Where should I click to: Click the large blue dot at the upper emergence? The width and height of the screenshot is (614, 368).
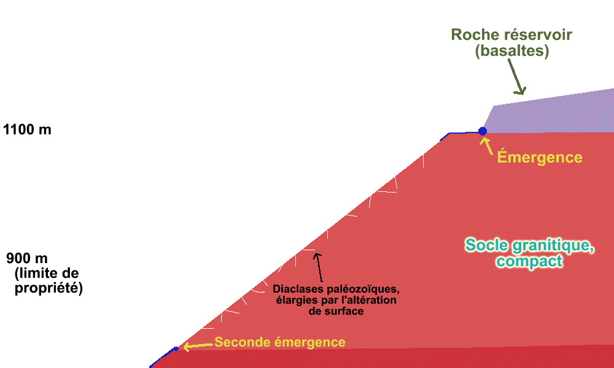(483, 131)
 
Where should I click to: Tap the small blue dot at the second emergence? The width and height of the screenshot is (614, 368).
(176, 348)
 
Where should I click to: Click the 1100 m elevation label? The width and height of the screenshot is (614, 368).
(27, 130)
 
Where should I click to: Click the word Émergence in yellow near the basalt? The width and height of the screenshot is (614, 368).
(539, 157)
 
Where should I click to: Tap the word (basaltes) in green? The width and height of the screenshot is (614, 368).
(511, 52)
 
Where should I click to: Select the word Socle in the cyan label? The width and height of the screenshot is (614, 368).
(487, 245)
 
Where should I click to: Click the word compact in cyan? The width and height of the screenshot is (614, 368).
(530, 261)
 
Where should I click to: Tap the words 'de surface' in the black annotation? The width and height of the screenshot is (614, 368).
(336, 311)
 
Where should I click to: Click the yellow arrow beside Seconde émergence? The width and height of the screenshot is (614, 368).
(196, 345)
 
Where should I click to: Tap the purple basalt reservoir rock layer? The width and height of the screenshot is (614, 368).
(553, 113)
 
